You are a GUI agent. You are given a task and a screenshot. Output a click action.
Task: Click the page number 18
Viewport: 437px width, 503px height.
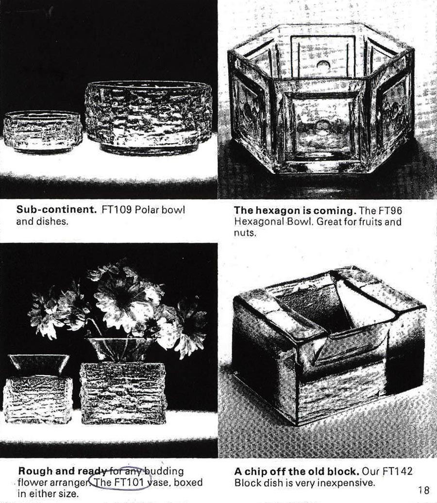pyautogui.click(x=423, y=490)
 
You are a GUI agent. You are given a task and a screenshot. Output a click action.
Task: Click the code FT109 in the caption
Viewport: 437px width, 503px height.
pyautogui.click(x=117, y=210)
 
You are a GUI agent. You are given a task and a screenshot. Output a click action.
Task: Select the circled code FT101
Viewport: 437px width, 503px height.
pyautogui.click(x=128, y=482)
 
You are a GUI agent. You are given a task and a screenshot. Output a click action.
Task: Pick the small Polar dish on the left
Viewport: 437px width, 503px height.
pyautogui.click(x=42, y=132)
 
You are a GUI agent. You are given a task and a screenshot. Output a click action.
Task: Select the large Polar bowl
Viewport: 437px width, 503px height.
pyautogui.click(x=148, y=117)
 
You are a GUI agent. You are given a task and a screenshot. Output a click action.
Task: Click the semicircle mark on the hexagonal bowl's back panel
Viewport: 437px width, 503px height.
pyautogui.click(x=323, y=64)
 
